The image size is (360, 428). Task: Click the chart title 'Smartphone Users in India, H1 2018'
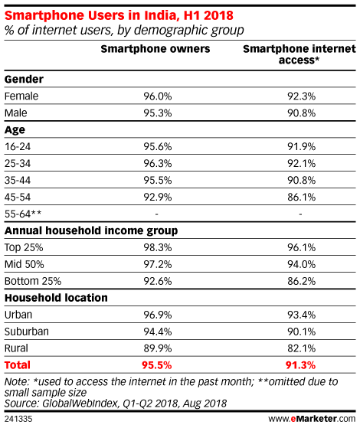coord(119,15)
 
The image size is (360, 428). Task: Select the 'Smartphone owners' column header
coord(155,49)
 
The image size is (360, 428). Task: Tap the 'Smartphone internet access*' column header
coord(299,54)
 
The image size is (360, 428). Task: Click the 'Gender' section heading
coord(24,80)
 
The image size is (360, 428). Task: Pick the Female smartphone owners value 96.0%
coord(158,96)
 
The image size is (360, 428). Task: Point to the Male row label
coord(16,113)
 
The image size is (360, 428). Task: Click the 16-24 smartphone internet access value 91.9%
coord(301,146)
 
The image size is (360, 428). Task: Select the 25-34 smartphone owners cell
coord(158,164)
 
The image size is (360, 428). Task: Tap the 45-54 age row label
coord(18,197)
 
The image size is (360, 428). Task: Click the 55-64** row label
coord(23,214)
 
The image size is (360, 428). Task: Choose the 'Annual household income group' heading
coord(91,231)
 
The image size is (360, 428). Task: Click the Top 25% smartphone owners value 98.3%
coord(158,247)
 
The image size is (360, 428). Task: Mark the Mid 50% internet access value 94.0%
coord(301,264)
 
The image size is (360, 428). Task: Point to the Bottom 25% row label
coord(33,281)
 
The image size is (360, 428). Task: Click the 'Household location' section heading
coord(56,298)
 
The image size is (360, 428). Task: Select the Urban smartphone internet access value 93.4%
coord(301,315)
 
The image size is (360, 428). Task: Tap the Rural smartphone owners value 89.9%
coord(158,348)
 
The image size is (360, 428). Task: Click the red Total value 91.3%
coord(300,365)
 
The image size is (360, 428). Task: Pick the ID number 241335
coord(18,419)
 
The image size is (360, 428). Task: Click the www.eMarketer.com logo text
coord(312,419)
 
